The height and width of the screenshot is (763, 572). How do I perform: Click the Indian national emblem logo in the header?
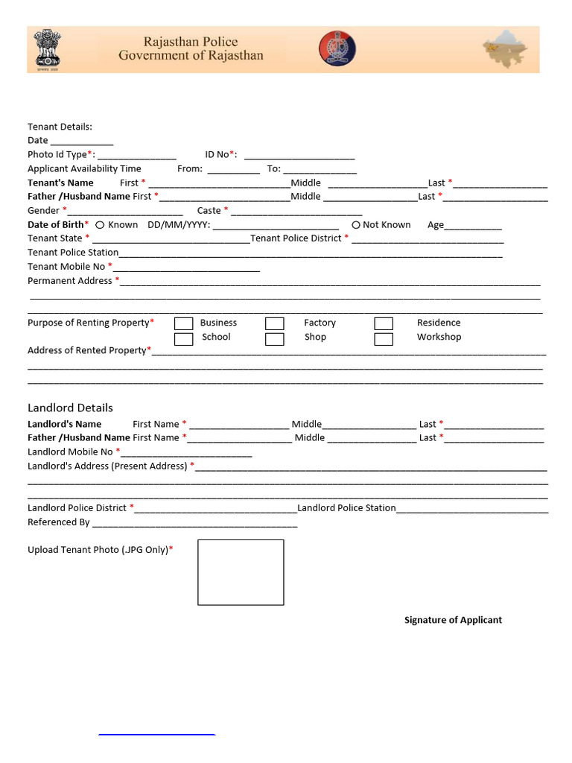click(48, 49)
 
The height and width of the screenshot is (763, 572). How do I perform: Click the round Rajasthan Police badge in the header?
click(337, 48)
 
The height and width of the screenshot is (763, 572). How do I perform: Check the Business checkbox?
click(183, 323)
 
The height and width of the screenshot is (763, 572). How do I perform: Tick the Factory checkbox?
click(275, 323)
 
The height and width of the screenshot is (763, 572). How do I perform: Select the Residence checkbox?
click(384, 323)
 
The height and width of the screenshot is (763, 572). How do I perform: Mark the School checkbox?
click(183, 339)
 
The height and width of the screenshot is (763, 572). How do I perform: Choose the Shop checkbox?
click(275, 339)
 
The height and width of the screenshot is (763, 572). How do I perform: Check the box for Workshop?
click(384, 339)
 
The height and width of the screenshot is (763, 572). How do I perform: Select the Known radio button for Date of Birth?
click(100, 225)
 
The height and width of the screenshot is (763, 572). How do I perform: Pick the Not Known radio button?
click(356, 225)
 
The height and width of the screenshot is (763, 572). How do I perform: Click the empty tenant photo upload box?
click(241, 572)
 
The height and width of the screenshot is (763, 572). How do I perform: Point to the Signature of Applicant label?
click(453, 620)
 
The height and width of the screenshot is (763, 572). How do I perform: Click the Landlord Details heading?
click(70, 408)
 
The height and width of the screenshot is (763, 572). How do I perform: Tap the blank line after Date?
click(82, 142)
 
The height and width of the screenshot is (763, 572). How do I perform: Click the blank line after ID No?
click(299, 156)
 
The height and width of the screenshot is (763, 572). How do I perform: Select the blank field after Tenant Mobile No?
click(186, 267)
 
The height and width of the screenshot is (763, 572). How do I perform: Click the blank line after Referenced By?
click(194, 524)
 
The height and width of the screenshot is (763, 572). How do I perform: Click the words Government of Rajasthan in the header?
click(191, 56)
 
